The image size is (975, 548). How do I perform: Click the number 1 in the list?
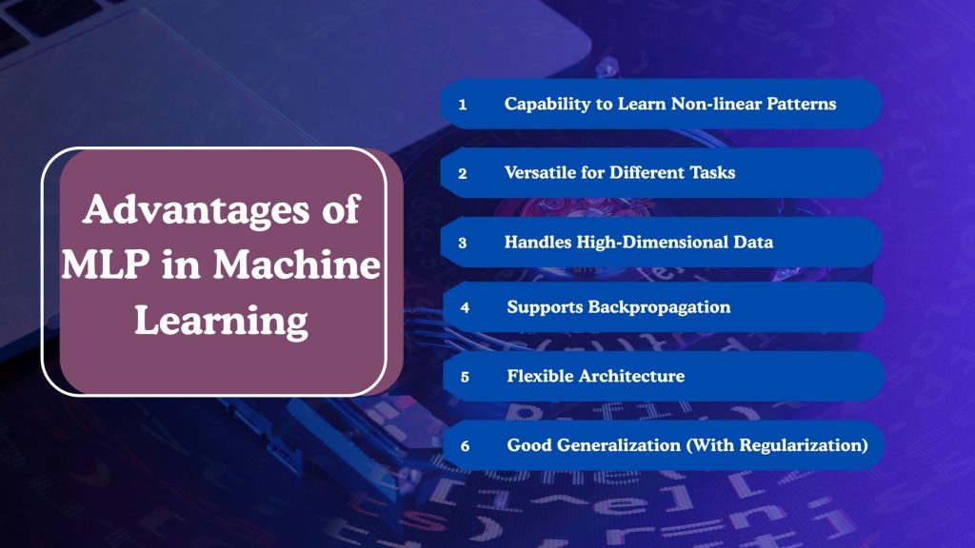pyautogui.click(x=462, y=105)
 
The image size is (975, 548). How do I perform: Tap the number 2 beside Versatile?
pyautogui.click(x=462, y=174)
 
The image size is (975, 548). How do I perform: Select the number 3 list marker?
pyautogui.click(x=462, y=243)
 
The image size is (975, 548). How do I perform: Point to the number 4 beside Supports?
pyautogui.click(x=465, y=307)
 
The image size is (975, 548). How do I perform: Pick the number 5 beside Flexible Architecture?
pyautogui.click(x=465, y=377)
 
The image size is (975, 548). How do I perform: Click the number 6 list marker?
pyautogui.click(x=465, y=445)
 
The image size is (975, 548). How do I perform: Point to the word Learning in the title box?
pyautogui.click(x=221, y=322)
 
